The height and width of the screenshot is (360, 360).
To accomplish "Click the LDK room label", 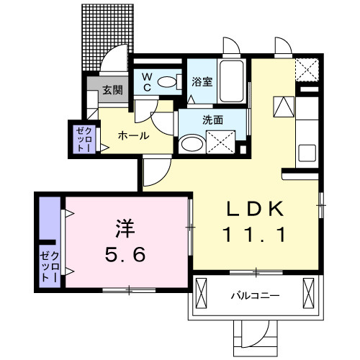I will point(256,210).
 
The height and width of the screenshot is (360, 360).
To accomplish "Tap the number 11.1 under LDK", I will point(256,235).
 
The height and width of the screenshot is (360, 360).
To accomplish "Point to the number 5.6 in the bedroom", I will point(125,255).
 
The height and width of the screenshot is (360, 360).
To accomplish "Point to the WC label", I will point(146,82).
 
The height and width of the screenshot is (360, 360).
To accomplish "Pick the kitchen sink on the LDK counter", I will point(306,154).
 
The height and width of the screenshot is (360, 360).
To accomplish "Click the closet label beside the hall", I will point(80,139).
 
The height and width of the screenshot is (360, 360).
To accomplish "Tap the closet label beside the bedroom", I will point(48,264).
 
